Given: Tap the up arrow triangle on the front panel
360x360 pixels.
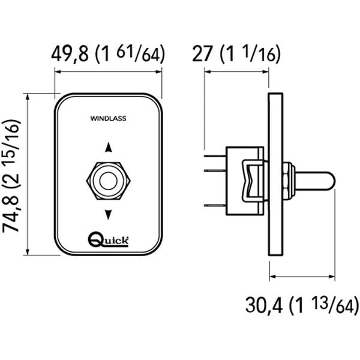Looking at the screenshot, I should (109, 146).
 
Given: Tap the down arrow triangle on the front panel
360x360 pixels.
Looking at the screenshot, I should (109, 213).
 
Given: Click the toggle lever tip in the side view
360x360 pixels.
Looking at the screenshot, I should (330, 179).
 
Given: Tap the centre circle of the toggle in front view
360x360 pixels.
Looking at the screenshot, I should (109, 179).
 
